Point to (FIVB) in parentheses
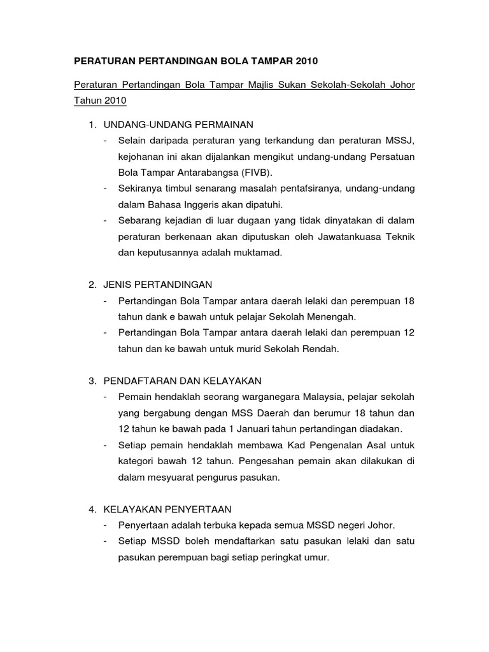[x=270, y=173]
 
